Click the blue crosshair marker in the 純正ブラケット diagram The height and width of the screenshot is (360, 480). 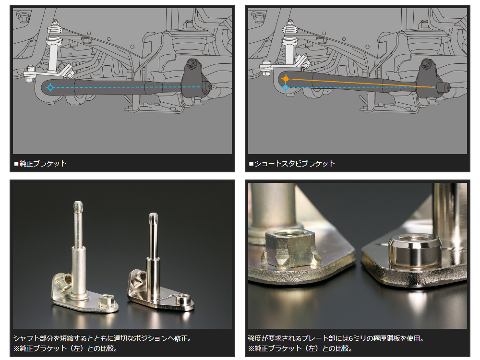50,87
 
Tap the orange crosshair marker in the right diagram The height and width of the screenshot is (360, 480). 286,79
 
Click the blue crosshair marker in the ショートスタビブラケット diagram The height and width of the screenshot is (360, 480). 286,88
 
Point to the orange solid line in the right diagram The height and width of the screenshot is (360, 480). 363,83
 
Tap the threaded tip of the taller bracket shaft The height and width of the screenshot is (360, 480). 78,206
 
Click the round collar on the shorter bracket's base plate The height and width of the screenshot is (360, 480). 183,299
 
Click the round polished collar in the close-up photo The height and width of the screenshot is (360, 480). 415,250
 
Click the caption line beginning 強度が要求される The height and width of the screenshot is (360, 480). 336,338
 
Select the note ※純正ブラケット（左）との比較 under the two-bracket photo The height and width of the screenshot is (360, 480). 65,348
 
